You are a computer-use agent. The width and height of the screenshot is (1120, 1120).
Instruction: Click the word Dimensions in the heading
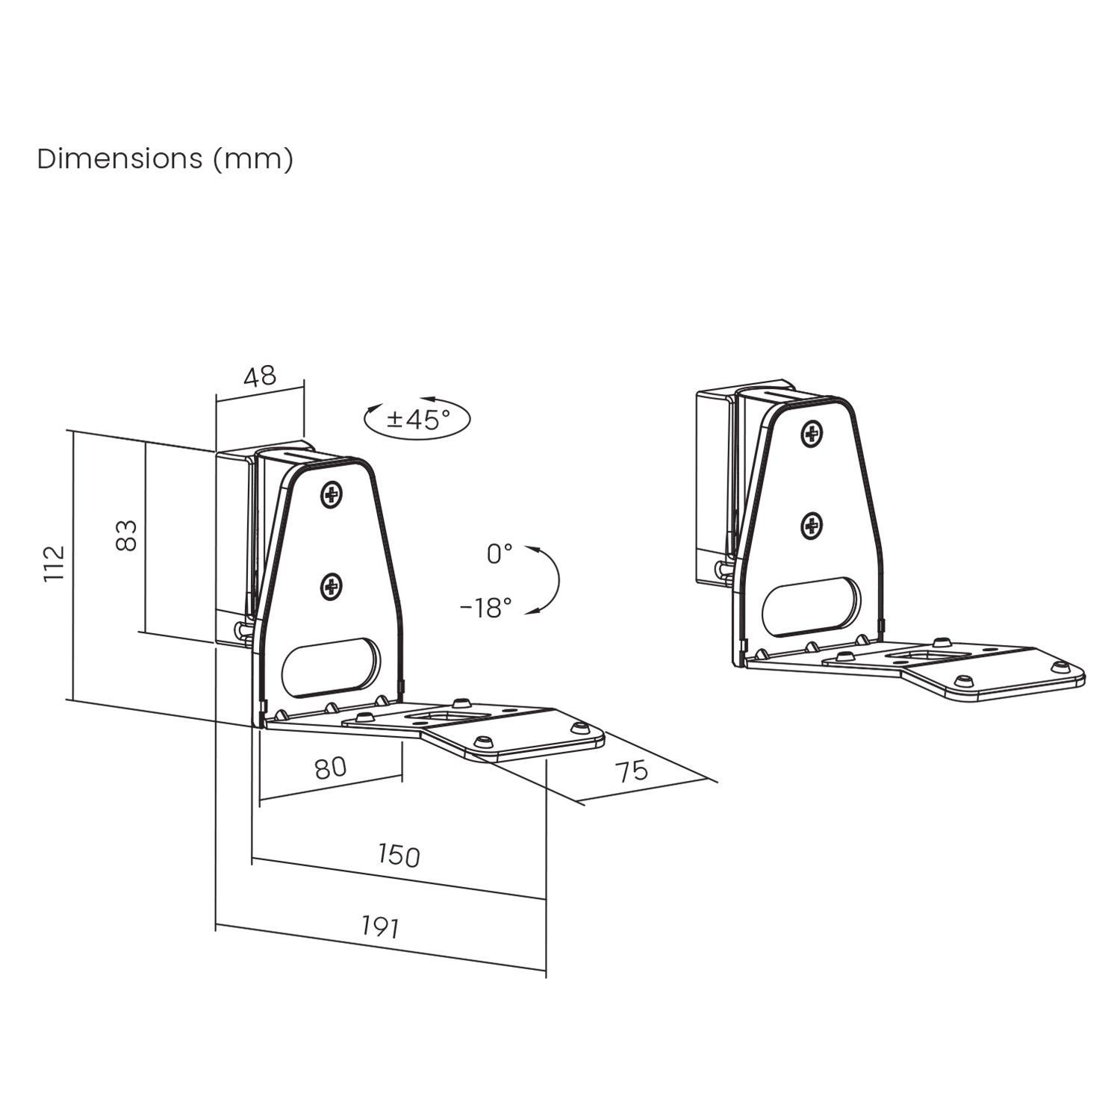(x=119, y=159)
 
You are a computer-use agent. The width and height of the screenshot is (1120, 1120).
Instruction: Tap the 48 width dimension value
(x=260, y=376)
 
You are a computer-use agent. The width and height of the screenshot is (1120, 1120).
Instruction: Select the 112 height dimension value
(x=55, y=563)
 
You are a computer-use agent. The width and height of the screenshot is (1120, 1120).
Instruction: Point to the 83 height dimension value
(x=128, y=535)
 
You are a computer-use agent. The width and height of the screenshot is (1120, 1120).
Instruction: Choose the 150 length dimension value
(x=399, y=855)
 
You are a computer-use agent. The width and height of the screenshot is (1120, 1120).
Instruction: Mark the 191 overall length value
(x=381, y=927)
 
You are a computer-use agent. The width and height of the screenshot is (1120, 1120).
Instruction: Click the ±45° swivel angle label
(x=418, y=420)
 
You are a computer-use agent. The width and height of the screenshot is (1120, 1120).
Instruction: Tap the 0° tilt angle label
(x=500, y=554)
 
